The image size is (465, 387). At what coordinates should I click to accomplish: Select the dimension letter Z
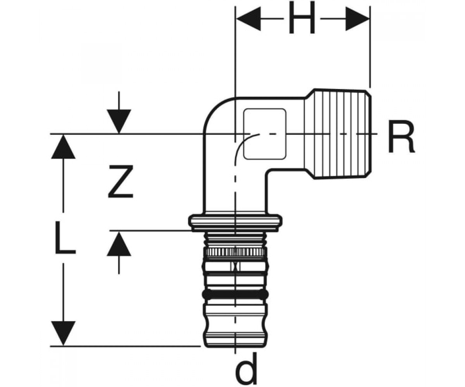[x=121, y=182]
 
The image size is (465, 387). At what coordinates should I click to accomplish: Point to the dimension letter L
[x=65, y=238]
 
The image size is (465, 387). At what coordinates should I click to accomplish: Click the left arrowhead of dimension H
[x=248, y=19]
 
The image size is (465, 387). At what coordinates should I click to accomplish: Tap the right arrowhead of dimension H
[x=358, y=19]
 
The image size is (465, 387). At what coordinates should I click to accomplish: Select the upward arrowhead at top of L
[x=63, y=147]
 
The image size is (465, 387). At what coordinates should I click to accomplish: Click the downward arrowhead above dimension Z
[x=119, y=122]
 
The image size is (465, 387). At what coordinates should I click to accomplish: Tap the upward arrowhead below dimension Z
[x=119, y=244]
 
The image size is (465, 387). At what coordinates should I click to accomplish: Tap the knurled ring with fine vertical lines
[x=235, y=253]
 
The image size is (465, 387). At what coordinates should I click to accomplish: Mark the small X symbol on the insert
[x=236, y=266]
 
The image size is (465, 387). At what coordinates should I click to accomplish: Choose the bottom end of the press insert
[x=235, y=352]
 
